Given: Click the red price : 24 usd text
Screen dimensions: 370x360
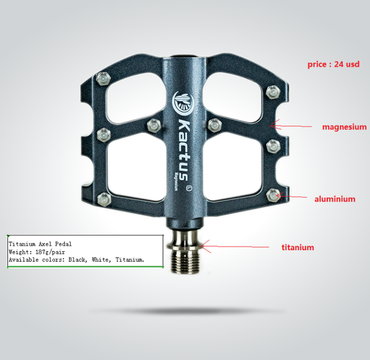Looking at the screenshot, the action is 333,64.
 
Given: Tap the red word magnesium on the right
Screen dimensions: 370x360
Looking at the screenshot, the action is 344,127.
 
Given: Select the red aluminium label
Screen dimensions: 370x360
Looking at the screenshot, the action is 335,199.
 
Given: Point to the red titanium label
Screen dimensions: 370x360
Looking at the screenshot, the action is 298,248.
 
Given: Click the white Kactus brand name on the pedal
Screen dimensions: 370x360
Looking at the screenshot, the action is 183,150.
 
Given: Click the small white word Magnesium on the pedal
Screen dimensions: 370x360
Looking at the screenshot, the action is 176,182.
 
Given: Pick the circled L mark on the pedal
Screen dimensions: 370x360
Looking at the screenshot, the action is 189,188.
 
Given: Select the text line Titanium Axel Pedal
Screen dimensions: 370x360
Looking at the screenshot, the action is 40,244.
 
